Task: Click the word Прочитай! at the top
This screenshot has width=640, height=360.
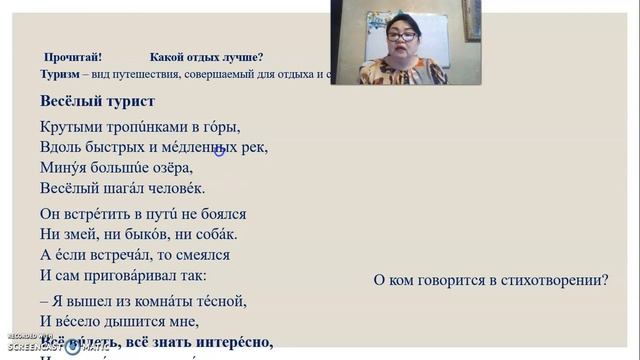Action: point(73,57)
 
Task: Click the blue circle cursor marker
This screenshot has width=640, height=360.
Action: point(219,151)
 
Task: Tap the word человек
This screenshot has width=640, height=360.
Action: point(175,187)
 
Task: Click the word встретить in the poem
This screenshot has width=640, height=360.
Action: point(98,214)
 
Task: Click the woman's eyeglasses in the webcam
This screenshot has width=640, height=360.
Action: point(402,37)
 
